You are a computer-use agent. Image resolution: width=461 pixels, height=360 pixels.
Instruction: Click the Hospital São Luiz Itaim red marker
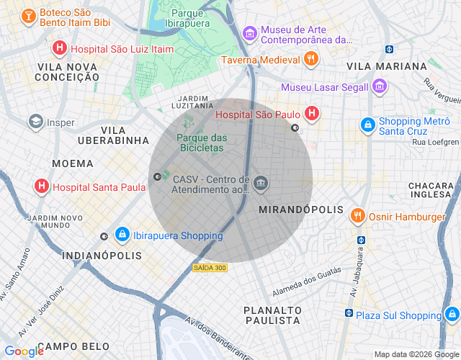[60, 48]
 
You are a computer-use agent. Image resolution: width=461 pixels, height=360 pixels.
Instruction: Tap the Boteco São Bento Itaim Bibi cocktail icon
[28, 15]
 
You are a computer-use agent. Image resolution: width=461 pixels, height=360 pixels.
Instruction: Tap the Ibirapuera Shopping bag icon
[122, 235]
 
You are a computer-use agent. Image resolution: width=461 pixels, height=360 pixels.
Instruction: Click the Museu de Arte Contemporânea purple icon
[250, 33]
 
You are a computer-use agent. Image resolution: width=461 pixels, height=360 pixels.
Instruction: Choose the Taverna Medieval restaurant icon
[311, 60]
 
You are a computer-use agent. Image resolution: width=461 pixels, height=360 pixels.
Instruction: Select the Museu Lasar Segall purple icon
[380, 87]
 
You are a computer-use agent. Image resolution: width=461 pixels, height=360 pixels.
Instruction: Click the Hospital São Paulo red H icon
[312, 113]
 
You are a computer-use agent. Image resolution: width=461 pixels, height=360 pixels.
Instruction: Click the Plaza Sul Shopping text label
[398, 315]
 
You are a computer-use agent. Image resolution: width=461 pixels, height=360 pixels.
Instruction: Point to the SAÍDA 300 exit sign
[210, 268]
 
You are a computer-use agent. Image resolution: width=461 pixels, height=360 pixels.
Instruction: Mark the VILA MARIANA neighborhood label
[387, 66]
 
